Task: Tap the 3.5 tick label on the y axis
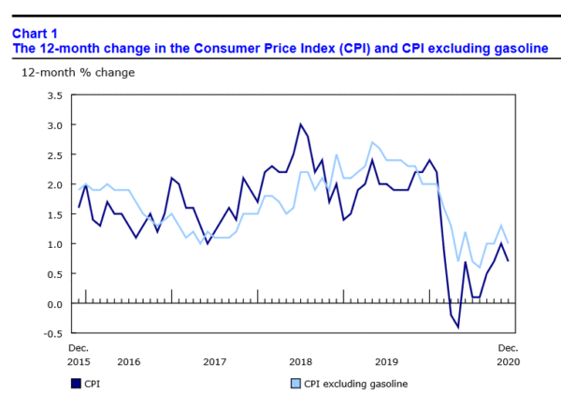(x=54, y=95)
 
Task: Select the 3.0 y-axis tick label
(x=54, y=124)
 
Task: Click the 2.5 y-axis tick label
(x=54, y=154)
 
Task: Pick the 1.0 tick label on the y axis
(x=54, y=244)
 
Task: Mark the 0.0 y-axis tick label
(x=54, y=304)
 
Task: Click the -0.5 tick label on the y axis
(x=52, y=334)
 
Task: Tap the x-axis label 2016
(x=128, y=361)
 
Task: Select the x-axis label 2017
(x=214, y=361)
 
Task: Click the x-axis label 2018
(x=300, y=361)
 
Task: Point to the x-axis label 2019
(x=386, y=361)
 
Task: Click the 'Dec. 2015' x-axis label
(x=79, y=354)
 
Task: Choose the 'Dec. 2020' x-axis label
(x=508, y=354)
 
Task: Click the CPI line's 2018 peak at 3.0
(x=301, y=124)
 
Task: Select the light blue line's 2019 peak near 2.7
(x=372, y=142)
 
